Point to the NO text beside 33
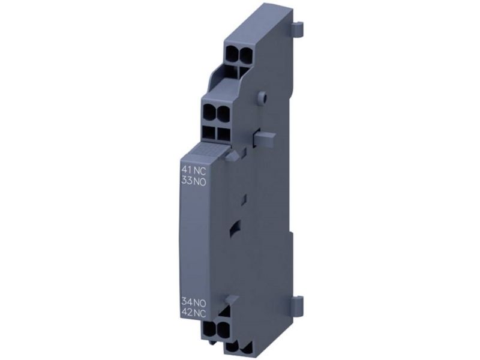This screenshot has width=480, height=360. tap(200, 181)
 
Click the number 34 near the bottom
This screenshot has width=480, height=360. tap(187, 302)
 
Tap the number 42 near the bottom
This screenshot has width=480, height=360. tap(187, 313)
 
